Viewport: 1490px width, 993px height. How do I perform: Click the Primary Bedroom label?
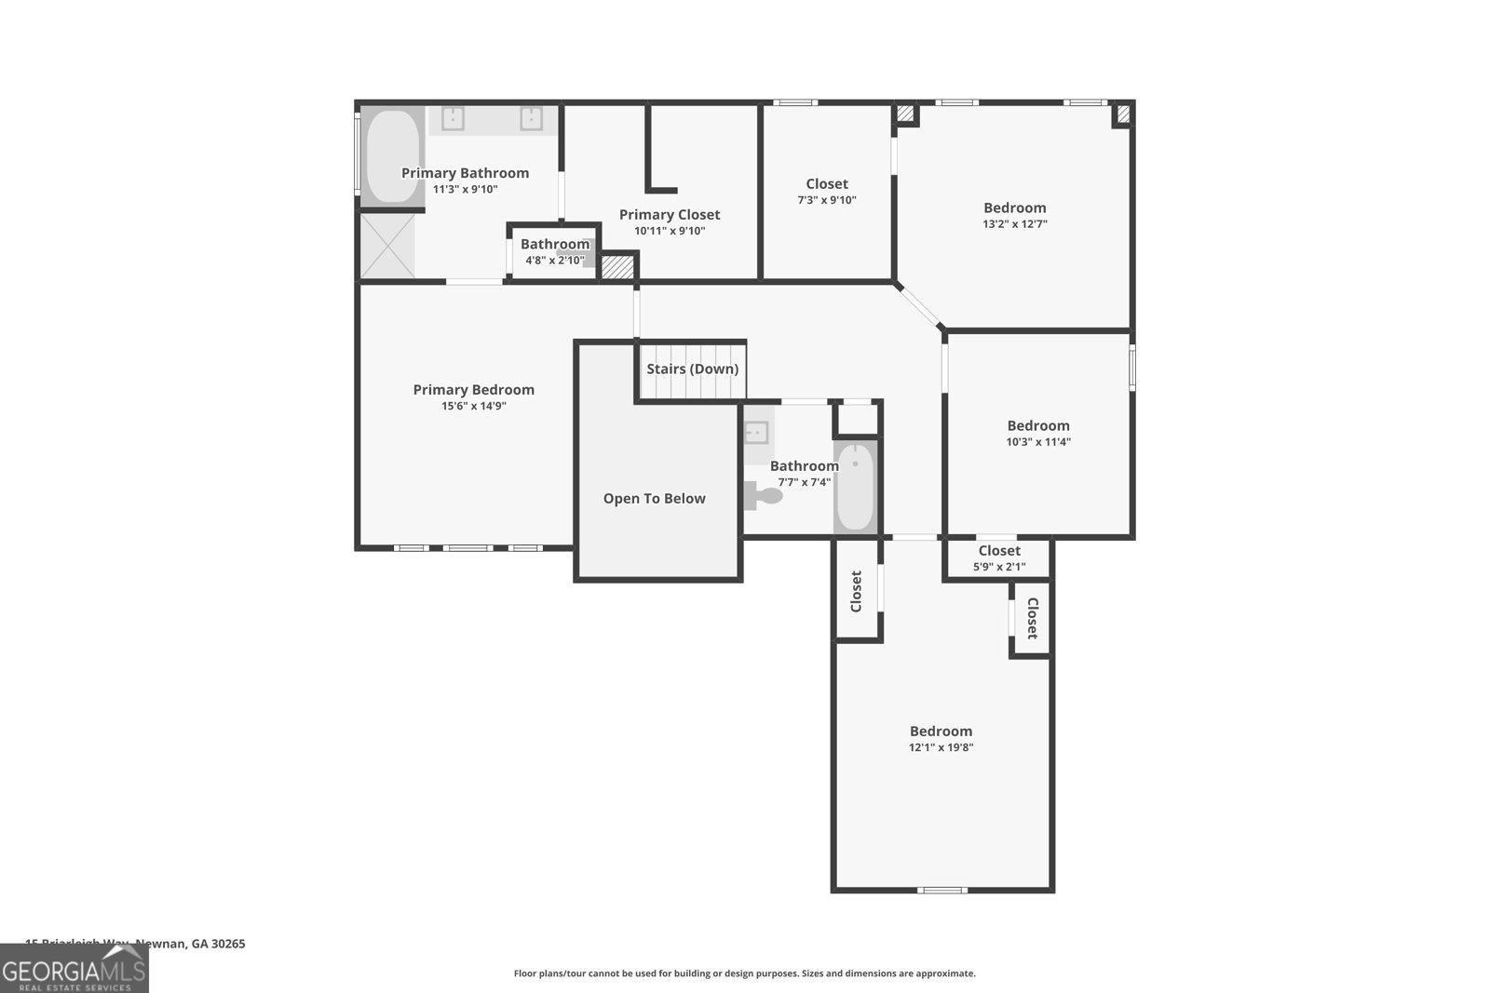coord(473,390)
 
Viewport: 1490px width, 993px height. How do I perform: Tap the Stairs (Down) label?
coord(692,369)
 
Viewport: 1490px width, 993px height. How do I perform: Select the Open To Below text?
coord(654,499)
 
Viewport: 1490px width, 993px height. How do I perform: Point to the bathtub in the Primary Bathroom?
coord(391,156)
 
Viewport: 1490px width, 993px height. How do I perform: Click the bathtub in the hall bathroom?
coord(854,486)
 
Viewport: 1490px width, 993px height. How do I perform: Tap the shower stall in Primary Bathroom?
coord(386,246)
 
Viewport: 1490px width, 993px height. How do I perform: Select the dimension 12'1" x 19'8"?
coord(941,747)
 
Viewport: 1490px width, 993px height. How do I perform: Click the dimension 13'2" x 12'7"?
coord(1014,224)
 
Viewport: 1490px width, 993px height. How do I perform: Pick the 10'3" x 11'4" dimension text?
coord(1037,442)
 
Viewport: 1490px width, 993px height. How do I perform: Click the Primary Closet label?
coord(669,215)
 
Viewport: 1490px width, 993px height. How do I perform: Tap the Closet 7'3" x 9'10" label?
coord(826,184)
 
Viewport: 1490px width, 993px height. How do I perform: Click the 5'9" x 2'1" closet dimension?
coord(998,567)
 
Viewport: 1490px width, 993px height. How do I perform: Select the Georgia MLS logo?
coord(74,970)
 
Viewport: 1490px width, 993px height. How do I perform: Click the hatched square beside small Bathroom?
coord(616,267)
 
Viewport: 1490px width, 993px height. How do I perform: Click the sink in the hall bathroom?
coord(756,432)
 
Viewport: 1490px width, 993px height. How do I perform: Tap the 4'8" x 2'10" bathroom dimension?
coord(554,261)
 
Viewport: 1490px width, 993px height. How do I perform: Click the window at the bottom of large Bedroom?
coord(941,891)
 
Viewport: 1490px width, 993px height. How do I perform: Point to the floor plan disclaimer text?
coord(744,973)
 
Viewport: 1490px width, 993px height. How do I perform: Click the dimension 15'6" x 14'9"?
coord(473,406)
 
